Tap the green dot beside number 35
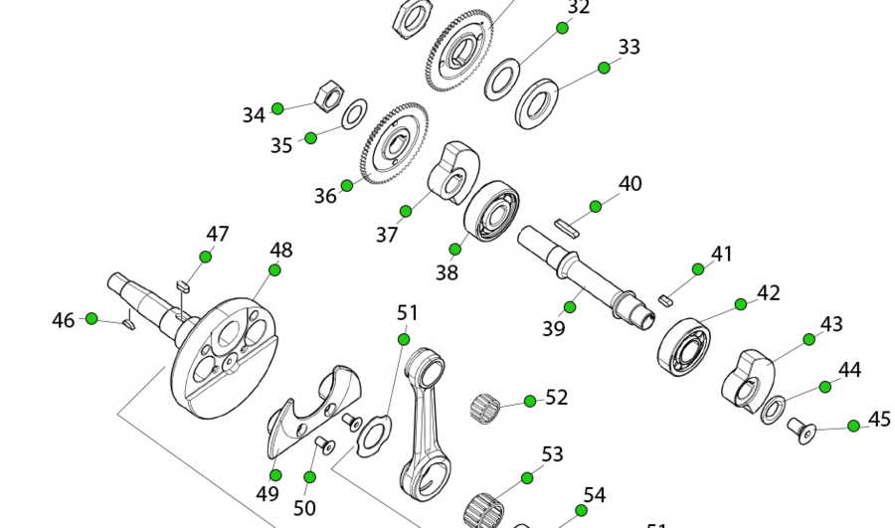click(311, 138)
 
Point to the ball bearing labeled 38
click(491, 211)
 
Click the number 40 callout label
click(629, 184)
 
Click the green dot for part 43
click(808, 339)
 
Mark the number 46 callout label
click(64, 320)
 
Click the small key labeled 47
click(182, 285)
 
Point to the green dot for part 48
click(274, 270)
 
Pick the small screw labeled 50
click(322, 444)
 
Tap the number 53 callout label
click(553, 454)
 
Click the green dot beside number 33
click(604, 68)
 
